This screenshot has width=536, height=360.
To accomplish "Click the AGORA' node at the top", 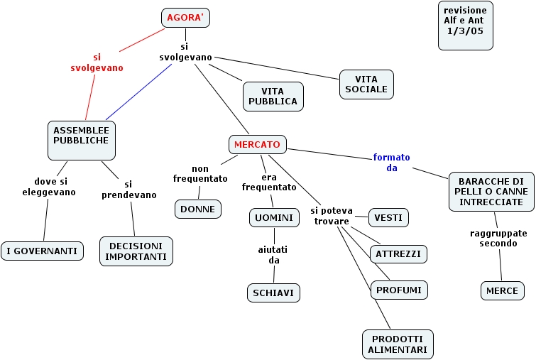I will click(185, 17).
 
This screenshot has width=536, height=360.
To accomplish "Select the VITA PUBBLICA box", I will click(273, 97).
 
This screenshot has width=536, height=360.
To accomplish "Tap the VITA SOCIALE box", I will click(366, 84).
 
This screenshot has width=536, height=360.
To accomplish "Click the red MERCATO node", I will click(257, 144).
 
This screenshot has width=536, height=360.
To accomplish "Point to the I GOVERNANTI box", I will click(43, 251).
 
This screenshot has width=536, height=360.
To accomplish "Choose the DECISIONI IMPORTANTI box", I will click(136, 251).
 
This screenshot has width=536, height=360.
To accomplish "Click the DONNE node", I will click(198, 209).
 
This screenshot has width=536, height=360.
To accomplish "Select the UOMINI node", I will click(273, 217).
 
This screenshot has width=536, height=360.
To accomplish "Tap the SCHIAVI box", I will click(273, 293).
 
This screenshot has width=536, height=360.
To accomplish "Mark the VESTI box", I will click(389, 217).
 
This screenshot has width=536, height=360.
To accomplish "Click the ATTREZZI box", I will click(398, 253).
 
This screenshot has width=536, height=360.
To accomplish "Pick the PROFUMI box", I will click(399, 290).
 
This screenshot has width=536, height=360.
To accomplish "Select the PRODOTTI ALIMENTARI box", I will click(398, 344).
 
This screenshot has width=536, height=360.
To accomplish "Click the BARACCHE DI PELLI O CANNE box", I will click(491, 192).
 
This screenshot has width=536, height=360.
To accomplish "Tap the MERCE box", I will click(502, 290).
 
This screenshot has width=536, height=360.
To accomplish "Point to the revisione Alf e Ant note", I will click(465, 25).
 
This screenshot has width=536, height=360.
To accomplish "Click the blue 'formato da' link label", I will click(392, 163).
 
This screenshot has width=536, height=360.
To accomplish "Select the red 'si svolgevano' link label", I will click(97, 62).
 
